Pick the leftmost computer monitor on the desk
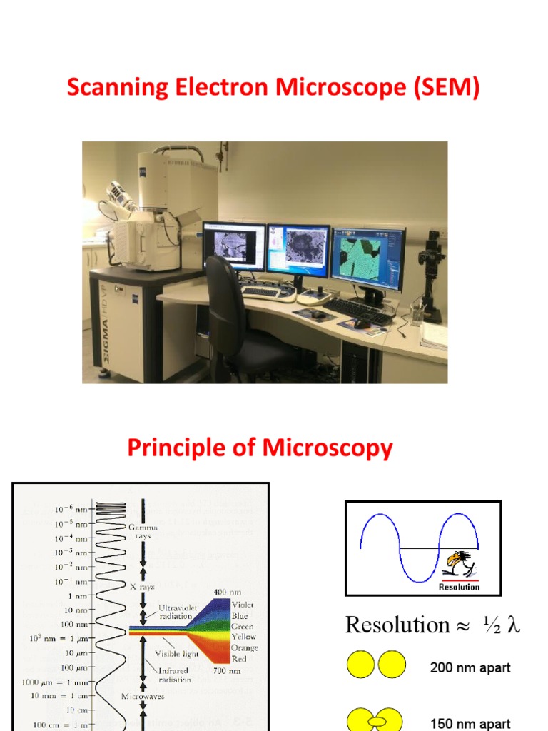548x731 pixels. tap(233, 246)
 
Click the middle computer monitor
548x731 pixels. tap(298, 251)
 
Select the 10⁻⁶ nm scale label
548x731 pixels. tap(71, 510)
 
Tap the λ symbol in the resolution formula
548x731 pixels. tap(512, 625)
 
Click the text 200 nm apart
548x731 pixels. tap(470, 668)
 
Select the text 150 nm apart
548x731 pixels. tap(470, 723)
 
